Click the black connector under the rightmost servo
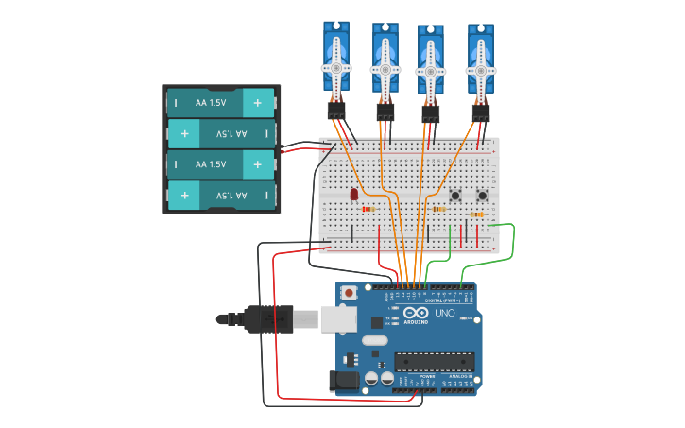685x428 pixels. [x=480, y=111]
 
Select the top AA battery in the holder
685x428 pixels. [x=220, y=102]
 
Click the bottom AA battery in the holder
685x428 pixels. [x=220, y=196]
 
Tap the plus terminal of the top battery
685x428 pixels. [x=257, y=102]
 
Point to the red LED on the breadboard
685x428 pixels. [x=353, y=195]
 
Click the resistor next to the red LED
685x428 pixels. [x=368, y=209]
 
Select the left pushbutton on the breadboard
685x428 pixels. [x=455, y=196]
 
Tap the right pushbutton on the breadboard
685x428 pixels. [x=483, y=196]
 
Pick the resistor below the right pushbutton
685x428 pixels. [x=477, y=214]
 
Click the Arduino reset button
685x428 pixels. [x=349, y=293]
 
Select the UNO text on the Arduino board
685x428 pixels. [x=444, y=313]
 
